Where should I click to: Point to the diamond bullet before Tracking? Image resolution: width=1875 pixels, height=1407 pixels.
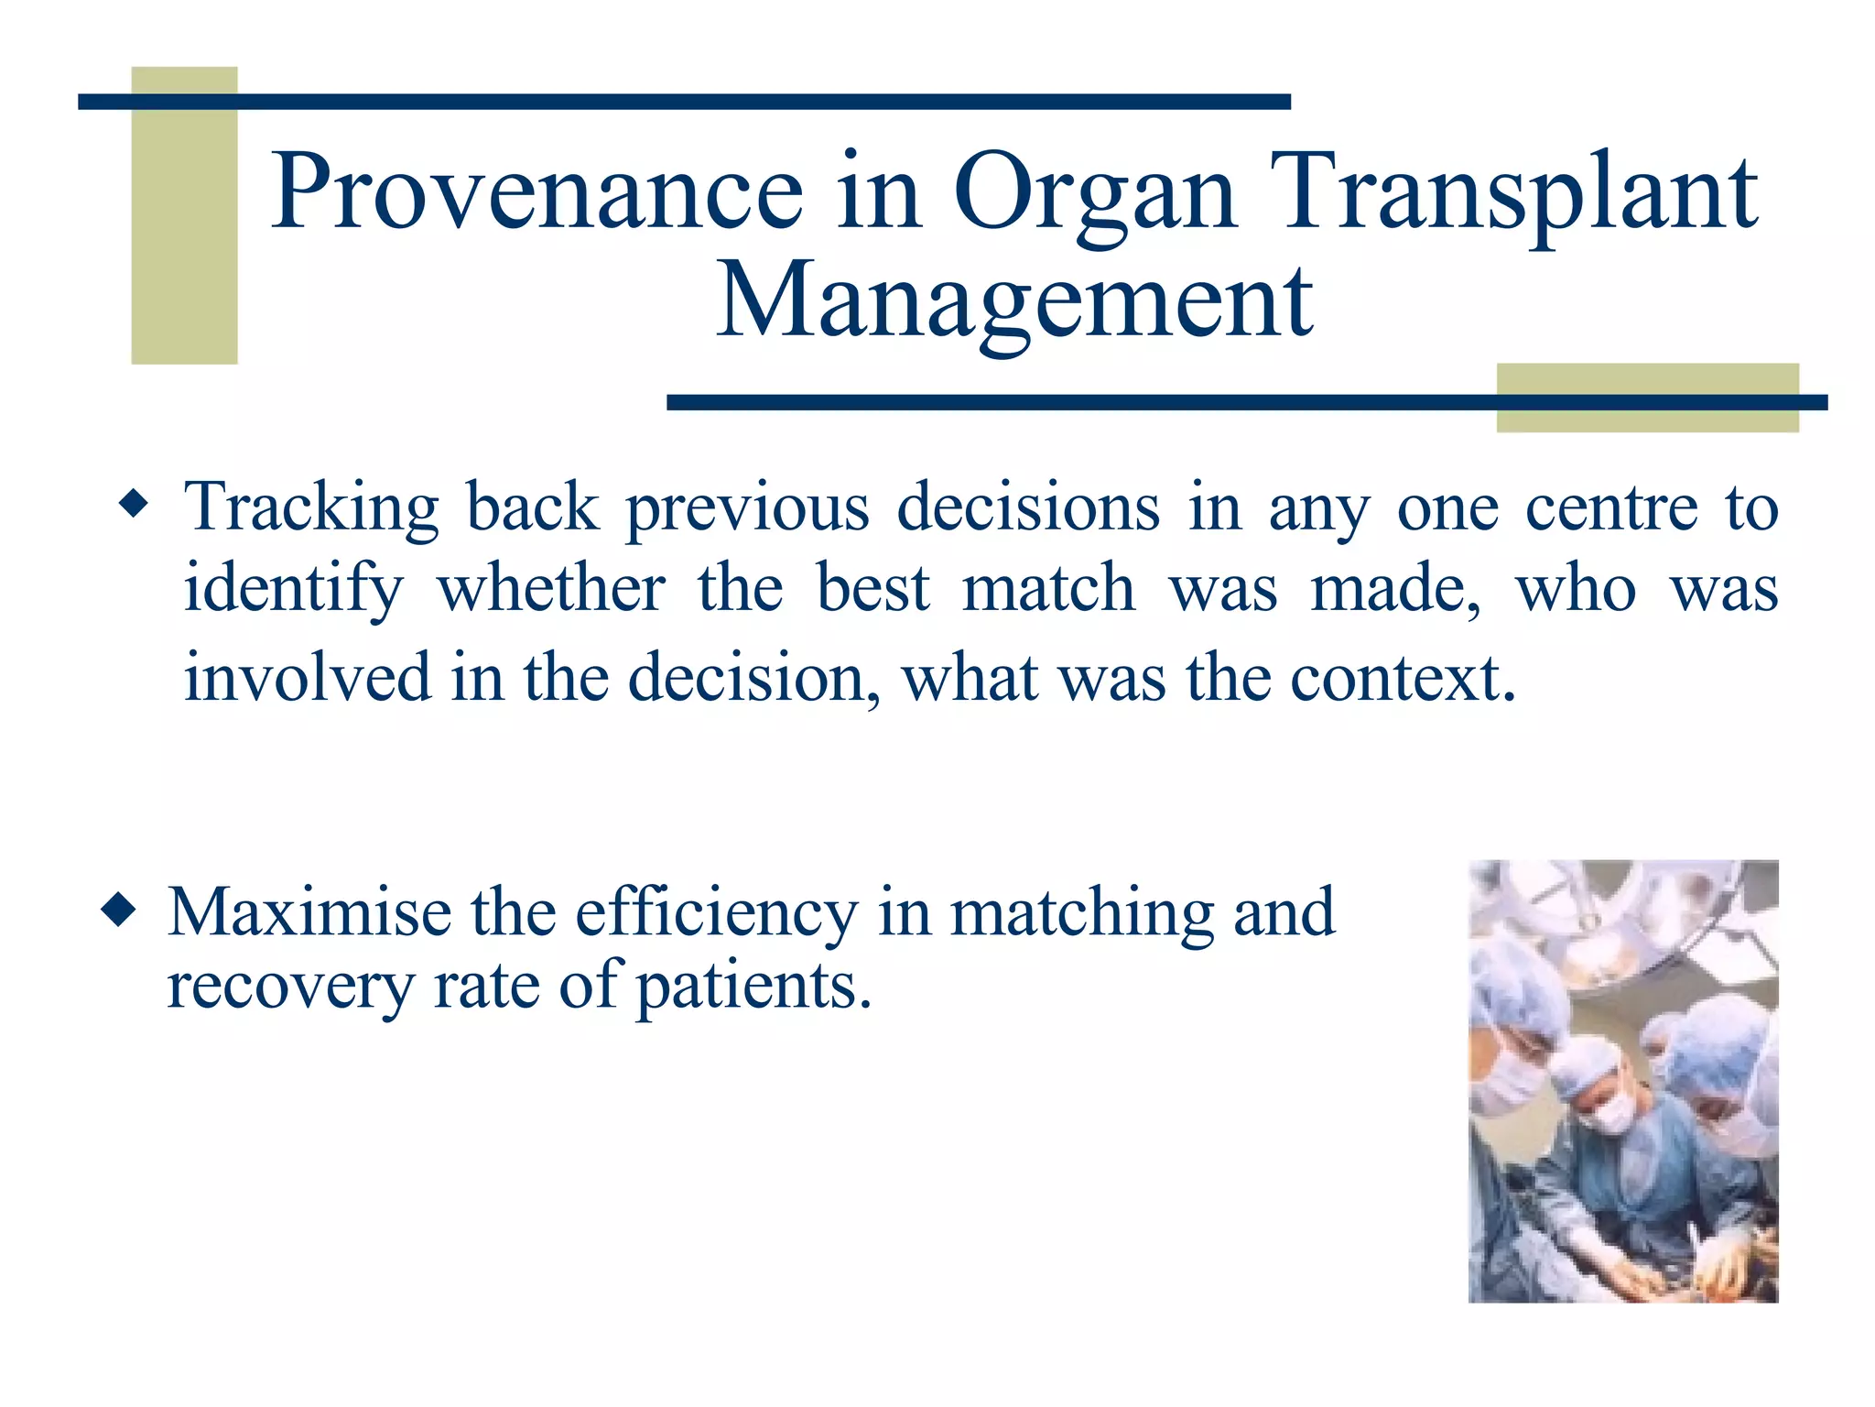pos(134,505)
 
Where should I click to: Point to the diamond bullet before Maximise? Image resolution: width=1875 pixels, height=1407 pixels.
pos(119,911)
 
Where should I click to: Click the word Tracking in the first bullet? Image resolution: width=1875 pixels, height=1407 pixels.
pos(311,508)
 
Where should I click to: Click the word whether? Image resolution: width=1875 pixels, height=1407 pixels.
pos(551,588)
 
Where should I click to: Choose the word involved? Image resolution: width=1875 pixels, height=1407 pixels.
pos(307,678)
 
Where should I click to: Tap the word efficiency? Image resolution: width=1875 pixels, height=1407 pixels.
pos(717,914)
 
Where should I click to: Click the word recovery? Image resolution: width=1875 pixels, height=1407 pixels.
pos(291,987)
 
